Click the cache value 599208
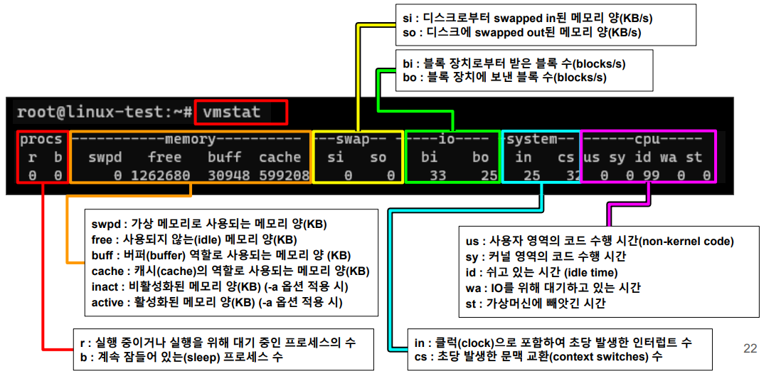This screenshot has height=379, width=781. (x=284, y=175)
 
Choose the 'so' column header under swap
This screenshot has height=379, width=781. (x=378, y=157)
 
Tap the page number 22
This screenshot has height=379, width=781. (x=750, y=348)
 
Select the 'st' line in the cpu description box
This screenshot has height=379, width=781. (x=533, y=303)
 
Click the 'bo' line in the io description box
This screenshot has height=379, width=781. (x=504, y=77)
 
